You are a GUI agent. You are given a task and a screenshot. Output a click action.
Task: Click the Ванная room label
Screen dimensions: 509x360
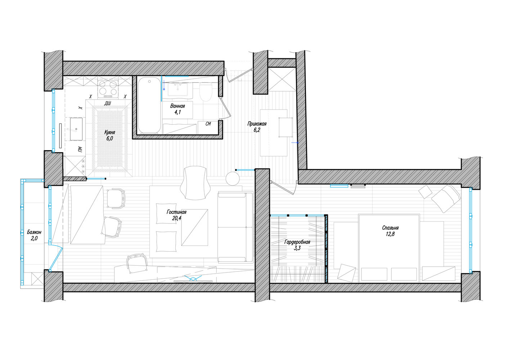(177, 106)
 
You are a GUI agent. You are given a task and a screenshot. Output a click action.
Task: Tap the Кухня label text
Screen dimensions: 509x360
(110, 132)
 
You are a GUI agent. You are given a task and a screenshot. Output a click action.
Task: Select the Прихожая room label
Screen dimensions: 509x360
(257, 124)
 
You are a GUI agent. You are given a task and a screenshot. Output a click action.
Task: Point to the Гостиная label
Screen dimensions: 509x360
(176, 212)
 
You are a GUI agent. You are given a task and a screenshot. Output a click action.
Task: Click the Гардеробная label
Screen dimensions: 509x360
(297, 242)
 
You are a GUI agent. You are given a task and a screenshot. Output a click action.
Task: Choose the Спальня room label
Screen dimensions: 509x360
(390, 228)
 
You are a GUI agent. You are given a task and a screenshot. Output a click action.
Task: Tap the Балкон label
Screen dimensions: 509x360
(34, 232)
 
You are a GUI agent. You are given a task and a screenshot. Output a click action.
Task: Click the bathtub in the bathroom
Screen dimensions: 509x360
(149, 105)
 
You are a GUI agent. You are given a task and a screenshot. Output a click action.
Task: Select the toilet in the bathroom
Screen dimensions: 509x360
(206, 92)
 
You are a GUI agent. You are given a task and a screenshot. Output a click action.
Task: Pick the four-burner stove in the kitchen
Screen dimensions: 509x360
(108, 89)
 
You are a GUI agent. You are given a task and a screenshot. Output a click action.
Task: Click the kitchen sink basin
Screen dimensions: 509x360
(76, 129)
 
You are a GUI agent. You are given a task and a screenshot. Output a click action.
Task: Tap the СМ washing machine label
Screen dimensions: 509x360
(208, 123)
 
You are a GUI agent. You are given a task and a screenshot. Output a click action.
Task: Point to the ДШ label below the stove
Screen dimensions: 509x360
(108, 103)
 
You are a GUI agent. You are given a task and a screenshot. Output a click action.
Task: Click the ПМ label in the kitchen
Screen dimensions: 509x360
(80, 149)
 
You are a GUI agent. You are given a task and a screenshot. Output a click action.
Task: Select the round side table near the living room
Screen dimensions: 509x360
(233, 179)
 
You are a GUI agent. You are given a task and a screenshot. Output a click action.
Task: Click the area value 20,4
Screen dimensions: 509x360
(176, 219)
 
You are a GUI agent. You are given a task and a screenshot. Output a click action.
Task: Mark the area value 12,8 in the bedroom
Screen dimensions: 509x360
(390, 234)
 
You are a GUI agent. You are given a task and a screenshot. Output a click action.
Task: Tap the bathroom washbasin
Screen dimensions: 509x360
(178, 90)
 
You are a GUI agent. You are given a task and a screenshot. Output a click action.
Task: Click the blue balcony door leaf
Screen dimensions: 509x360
(57, 259)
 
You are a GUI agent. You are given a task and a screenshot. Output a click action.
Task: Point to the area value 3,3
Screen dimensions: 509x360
(297, 248)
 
